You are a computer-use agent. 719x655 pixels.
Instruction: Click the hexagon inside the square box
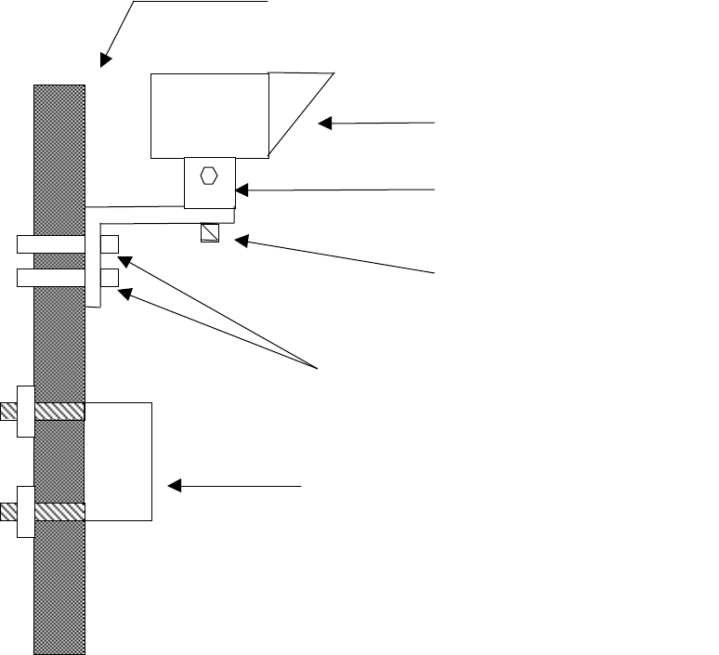pyautogui.click(x=209, y=176)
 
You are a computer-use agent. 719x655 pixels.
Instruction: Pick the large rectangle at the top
pyautogui.click(x=209, y=115)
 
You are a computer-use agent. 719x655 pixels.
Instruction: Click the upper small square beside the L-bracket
pyautogui.click(x=110, y=244)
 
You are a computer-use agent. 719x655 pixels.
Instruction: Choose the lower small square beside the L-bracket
pyautogui.click(x=110, y=277)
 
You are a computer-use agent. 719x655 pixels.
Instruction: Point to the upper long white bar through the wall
pyautogui.click(x=51, y=244)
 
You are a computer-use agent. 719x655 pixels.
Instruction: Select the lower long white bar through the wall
pyautogui.click(x=51, y=277)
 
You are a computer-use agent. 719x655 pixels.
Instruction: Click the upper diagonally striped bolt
pyautogui.click(x=59, y=411)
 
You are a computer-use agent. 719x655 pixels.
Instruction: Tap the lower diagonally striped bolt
pyautogui.click(x=59, y=511)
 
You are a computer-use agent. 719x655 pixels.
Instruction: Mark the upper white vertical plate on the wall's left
pyautogui.click(x=26, y=411)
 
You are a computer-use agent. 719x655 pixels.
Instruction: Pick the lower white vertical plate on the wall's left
pyautogui.click(x=26, y=511)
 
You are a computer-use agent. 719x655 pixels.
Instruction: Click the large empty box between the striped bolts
pyautogui.click(x=119, y=461)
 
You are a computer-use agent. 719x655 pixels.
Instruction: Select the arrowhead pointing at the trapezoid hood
pyautogui.click(x=325, y=123)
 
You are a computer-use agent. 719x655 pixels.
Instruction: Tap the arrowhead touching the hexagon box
pyautogui.click(x=242, y=190)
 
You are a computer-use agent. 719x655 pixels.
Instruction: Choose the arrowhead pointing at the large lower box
pyautogui.click(x=174, y=485)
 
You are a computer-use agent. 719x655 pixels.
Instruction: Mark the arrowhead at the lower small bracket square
pyautogui.click(x=125, y=295)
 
